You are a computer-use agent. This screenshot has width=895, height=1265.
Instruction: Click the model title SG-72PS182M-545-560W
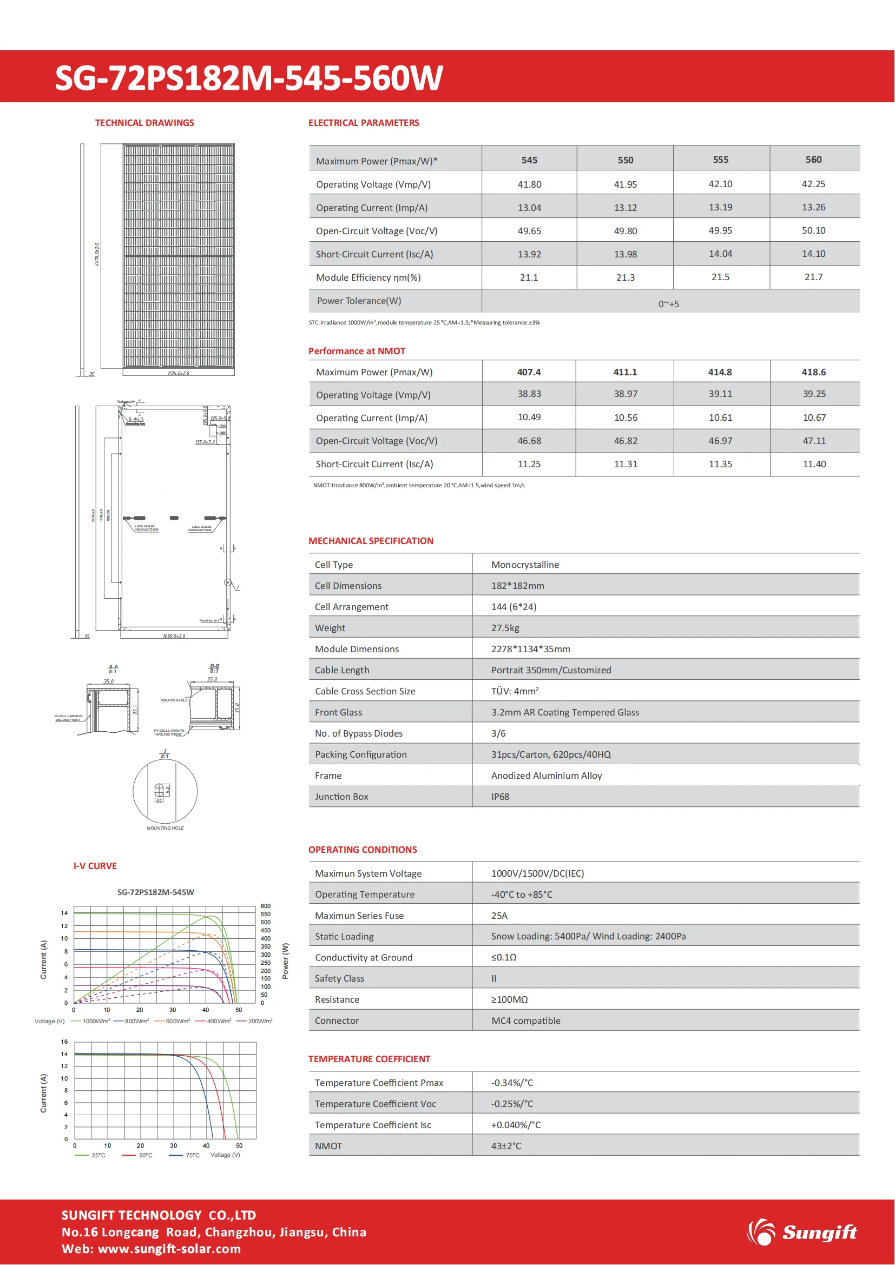248,78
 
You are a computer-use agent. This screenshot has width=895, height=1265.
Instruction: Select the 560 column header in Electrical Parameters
813,159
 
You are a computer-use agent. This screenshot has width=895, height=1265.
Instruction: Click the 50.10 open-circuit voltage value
813,230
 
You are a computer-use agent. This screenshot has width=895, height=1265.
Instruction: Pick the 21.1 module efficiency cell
529,277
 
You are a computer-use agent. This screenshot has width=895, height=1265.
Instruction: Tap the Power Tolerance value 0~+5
668,303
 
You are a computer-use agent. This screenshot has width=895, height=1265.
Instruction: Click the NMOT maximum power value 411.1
625,372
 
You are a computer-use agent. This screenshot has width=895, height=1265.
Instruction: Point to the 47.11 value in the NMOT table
814,441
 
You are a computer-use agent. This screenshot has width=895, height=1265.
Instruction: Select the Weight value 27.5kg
505,627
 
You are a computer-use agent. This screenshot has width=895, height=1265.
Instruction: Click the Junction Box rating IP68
500,796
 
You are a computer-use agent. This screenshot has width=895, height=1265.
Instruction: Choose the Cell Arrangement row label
351,607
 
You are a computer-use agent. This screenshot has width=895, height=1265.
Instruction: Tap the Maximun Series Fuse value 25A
499,915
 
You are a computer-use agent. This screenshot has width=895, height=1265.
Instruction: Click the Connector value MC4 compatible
525,1021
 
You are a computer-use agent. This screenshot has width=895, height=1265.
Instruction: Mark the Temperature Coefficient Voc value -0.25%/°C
512,1104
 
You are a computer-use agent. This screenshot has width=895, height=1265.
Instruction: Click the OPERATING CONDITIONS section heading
362,850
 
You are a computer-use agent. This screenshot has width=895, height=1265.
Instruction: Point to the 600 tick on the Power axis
265,906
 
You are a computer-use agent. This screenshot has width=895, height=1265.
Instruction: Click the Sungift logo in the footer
802,1232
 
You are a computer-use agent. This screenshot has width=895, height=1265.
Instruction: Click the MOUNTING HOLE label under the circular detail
165,828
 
